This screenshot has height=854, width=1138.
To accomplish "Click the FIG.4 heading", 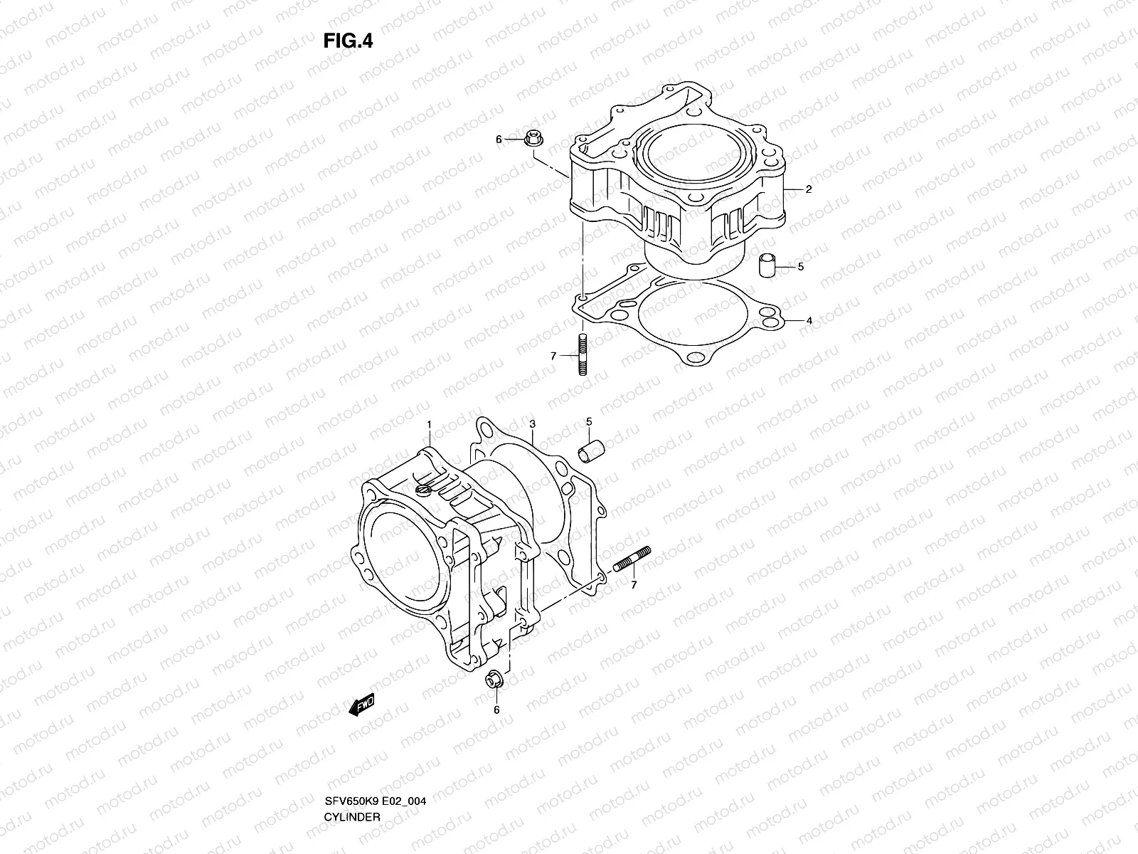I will [x=348, y=41].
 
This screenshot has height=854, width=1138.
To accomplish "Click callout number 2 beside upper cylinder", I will [x=809, y=190].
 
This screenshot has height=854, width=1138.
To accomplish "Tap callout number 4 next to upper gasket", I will [x=809, y=321].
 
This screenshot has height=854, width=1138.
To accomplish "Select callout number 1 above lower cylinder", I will [x=430, y=425].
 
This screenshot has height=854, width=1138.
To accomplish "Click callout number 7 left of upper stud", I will [x=553, y=355].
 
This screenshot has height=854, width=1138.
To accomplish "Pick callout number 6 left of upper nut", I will [x=499, y=139].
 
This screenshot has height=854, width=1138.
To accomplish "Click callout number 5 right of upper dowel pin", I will [x=800, y=268].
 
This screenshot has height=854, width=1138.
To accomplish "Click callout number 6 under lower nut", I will [x=496, y=710].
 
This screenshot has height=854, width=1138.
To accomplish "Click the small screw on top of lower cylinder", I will [x=422, y=490].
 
